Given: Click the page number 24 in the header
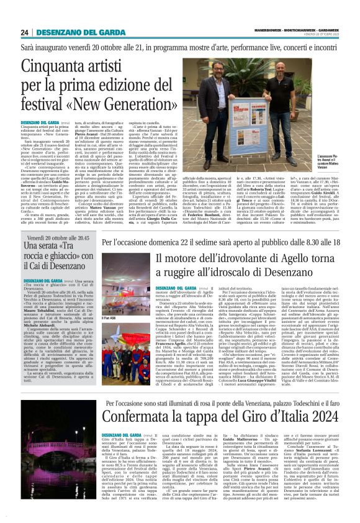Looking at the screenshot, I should click(x=25, y=32).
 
